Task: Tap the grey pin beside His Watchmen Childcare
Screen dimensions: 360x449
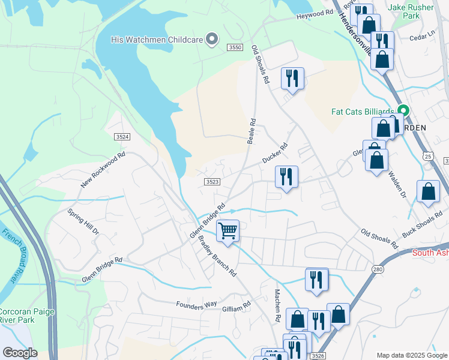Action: tap(211, 40)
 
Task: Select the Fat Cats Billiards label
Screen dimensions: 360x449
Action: tap(363, 112)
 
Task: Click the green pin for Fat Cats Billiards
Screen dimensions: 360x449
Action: tap(403, 112)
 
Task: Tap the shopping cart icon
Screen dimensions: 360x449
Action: tap(228, 230)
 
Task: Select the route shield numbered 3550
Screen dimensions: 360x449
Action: tap(235, 47)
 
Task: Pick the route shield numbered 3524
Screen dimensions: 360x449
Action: tap(122, 137)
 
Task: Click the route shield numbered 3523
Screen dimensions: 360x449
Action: tap(211, 182)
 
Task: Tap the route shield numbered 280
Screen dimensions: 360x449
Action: tap(377, 269)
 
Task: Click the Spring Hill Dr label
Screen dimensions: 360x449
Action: tap(82, 223)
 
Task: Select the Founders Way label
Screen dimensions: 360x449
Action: tap(196, 305)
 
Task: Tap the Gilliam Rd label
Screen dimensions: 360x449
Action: tap(236, 308)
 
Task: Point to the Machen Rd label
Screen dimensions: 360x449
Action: tap(278, 305)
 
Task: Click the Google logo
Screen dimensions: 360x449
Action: tap(20, 352)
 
